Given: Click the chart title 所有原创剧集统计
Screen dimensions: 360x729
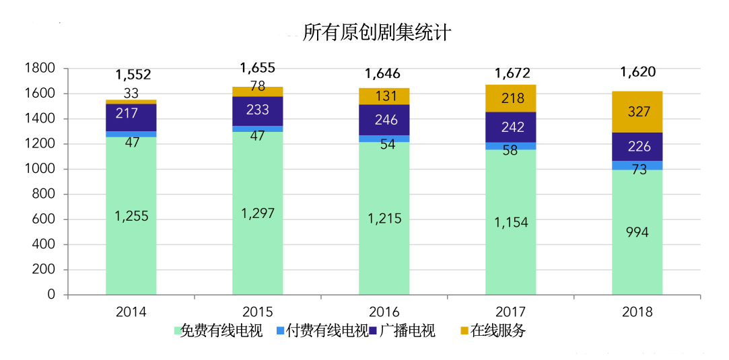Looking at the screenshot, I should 377,32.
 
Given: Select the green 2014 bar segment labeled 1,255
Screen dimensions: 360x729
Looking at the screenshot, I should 131,215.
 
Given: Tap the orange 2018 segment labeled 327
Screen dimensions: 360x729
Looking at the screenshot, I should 637,112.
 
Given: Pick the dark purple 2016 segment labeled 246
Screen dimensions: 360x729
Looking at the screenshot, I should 384,120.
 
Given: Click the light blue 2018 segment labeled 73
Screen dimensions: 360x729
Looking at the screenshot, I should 637,166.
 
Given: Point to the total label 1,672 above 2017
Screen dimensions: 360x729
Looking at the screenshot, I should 512,73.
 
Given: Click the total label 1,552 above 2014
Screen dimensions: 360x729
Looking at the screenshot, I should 133,75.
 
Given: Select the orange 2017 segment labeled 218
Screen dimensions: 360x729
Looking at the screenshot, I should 510,98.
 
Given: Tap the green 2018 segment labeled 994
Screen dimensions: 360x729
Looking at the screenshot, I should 637,232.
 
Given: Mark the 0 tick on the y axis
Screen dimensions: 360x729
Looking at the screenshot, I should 51,295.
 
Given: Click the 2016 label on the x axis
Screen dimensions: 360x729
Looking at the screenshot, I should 384,312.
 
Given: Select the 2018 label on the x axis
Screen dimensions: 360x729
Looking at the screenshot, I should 637,312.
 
